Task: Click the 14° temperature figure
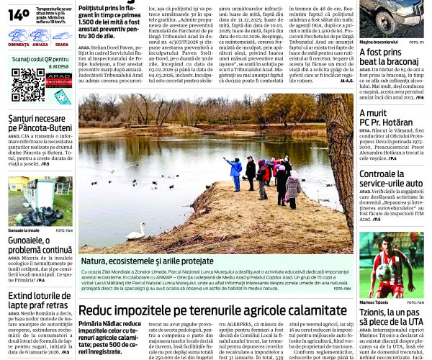coord(19,14)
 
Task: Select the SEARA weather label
coord(61,44)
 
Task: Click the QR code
coord(27,85)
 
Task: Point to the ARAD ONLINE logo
coord(59,80)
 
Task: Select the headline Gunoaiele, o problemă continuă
coord(40,244)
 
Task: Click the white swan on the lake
coord(135,231)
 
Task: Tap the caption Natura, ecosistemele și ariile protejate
coord(147,260)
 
